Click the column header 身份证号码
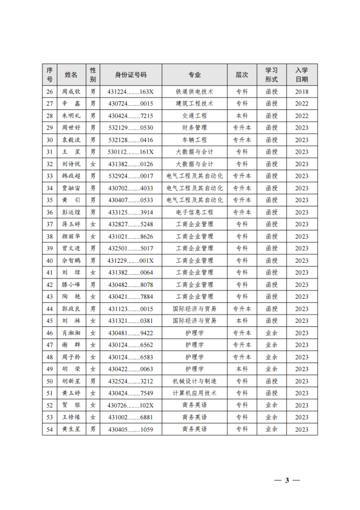tap(131, 75)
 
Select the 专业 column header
tap(194, 75)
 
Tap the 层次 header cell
tap(241, 75)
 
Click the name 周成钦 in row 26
tap(71, 92)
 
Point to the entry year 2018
tap(301, 92)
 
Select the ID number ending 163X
tap(131, 92)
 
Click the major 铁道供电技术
tap(194, 92)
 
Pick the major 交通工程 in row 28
tap(194, 116)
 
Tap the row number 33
tap(50, 176)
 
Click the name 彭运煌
tap(71, 212)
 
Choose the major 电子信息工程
tap(194, 212)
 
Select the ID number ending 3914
tap(131, 212)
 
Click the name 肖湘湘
tap(71, 333)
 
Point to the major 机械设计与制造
tap(194, 381)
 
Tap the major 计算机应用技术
tap(194, 393)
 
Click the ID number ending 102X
tap(131, 405)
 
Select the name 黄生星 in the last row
tap(71, 430)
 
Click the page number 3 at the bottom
tap(287, 480)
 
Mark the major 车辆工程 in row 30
tap(194, 140)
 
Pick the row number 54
tap(50, 430)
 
